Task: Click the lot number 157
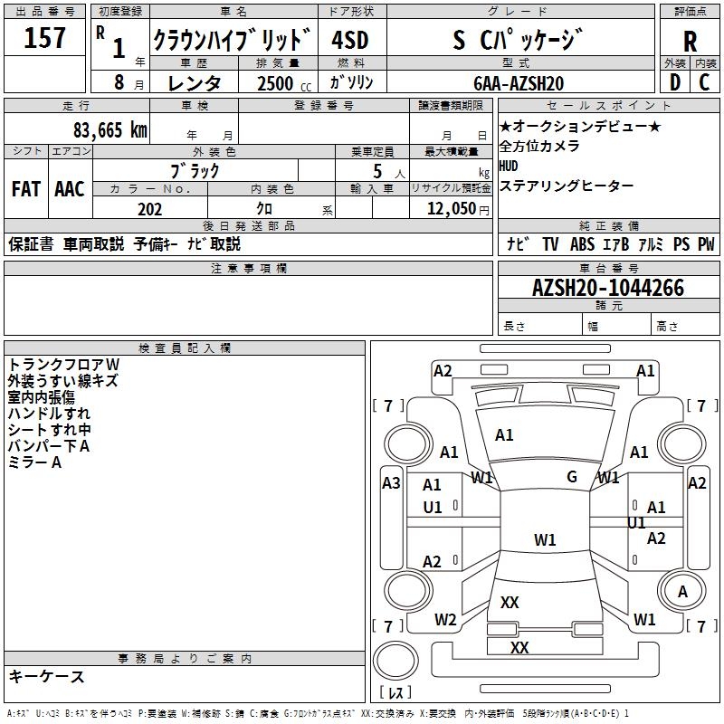tap(44, 37)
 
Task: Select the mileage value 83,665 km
tap(110, 130)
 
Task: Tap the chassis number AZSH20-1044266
tap(608, 288)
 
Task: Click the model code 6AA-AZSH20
tap(519, 83)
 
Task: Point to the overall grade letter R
tap(690, 42)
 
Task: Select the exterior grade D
tap(675, 82)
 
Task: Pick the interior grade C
tap(704, 82)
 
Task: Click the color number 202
tap(149, 209)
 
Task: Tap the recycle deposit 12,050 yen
tap(458, 209)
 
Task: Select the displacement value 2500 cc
tap(284, 83)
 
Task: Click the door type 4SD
tap(350, 40)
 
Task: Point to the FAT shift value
tap(26, 189)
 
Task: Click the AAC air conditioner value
tap(70, 189)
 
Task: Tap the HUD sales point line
tap(509, 166)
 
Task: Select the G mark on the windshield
tap(572, 476)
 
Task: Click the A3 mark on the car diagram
tap(391, 483)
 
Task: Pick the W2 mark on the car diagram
tap(445, 620)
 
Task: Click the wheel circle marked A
tap(681, 591)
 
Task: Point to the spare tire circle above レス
tap(395, 661)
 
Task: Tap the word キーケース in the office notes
tap(47, 676)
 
